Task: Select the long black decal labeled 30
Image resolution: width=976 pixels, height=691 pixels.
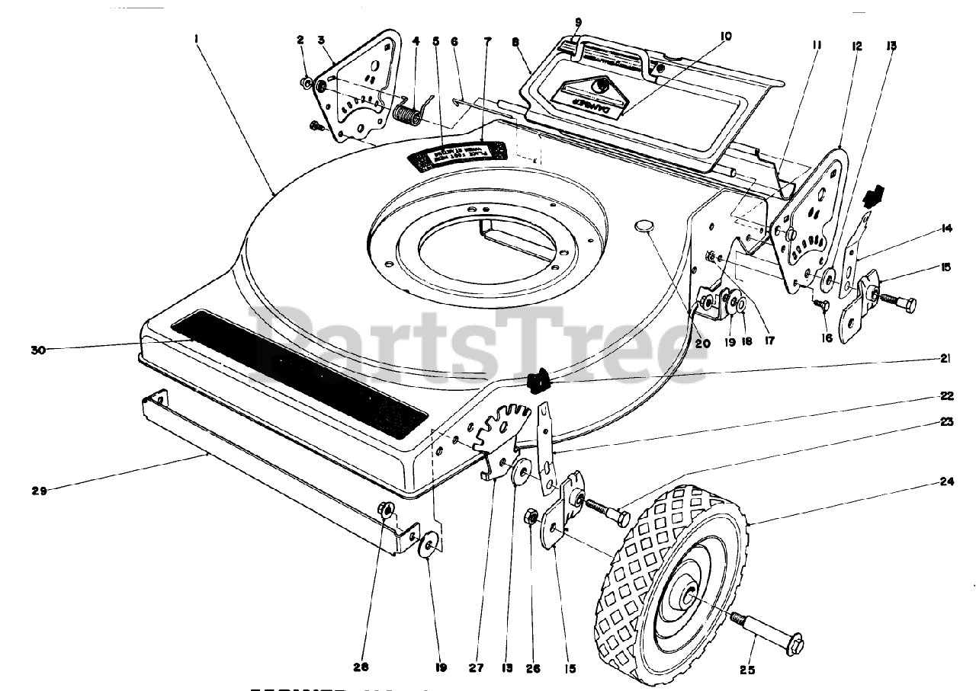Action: point(297,366)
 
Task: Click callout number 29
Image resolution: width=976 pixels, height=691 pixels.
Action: point(39,491)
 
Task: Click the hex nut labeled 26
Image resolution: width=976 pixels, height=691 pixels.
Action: point(529,519)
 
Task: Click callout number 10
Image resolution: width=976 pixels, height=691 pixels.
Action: point(725,36)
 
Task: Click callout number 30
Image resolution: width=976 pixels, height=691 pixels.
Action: point(37,350)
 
